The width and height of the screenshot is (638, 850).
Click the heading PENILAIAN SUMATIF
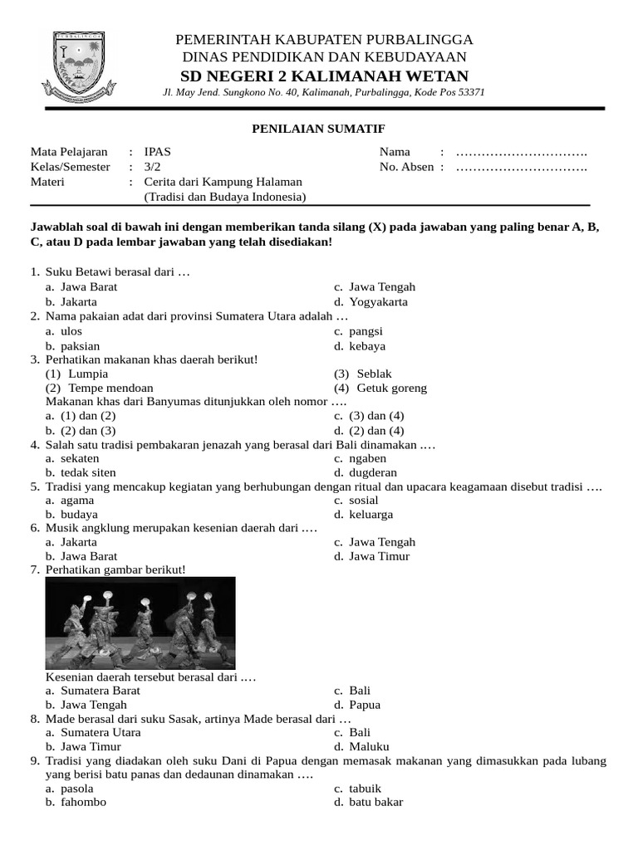(x=318, y=128)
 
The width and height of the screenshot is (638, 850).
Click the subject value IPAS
(x=159, y=152)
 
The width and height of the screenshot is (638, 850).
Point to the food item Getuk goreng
(x=391, y=388)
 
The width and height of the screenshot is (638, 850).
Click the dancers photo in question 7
(x=140, y=623)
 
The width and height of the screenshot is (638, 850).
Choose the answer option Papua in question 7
(x=365, y=705)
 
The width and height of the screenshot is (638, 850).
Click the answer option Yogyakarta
(x=379, y=302)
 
